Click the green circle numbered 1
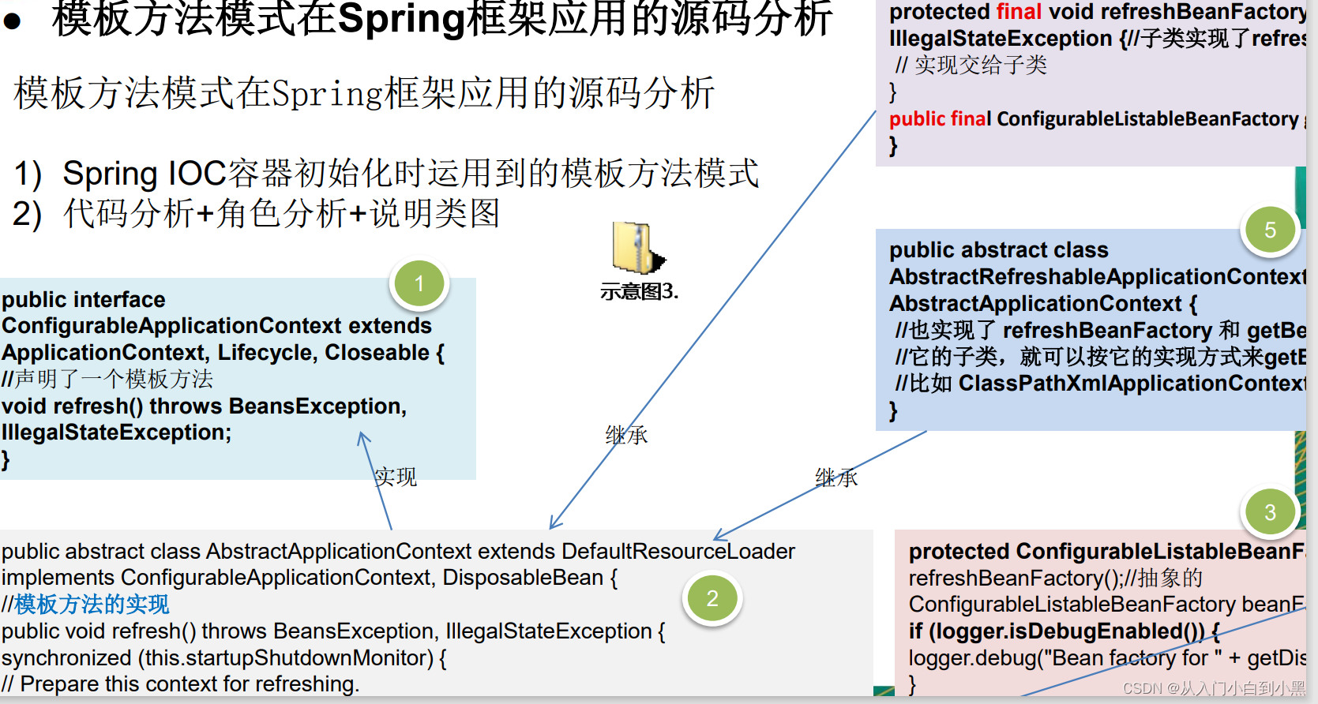coord(419,283)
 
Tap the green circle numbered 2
coord(712,599)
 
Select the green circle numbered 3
coord(1270,512)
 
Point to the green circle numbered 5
coord(1270,230)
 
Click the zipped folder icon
coord(637,248)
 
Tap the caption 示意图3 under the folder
coord(639,292)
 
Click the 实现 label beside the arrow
coord(396,477)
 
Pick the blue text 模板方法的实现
coord(92,605)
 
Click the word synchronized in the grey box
coord(66,658)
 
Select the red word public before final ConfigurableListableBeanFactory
coord(917,119)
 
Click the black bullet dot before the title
coord(12,21)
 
